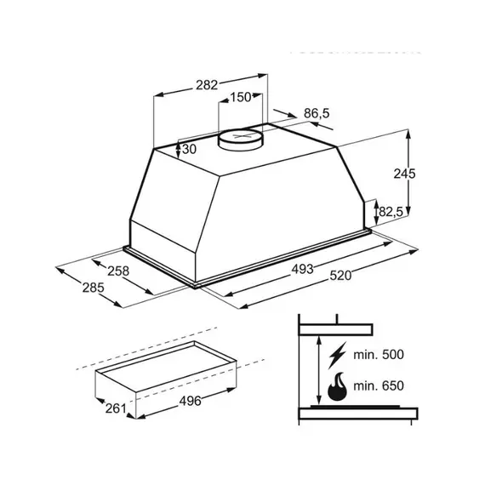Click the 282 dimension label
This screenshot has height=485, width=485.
[x=207, y=85]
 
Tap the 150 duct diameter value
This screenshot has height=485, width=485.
[x=240, y=98]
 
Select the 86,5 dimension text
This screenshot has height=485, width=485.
[x=317, y=113]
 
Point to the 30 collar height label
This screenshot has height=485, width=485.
[x=189, y=150]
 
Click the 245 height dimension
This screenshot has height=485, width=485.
[x=404, y=174]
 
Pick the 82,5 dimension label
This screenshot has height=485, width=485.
[x=391, y=212]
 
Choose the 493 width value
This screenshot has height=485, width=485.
[x=302, y=270]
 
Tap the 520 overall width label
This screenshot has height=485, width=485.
[x=340, y=276]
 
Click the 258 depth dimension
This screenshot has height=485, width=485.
[x=118, y=271]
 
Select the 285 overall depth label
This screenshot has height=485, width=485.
[x=93, y=288]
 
